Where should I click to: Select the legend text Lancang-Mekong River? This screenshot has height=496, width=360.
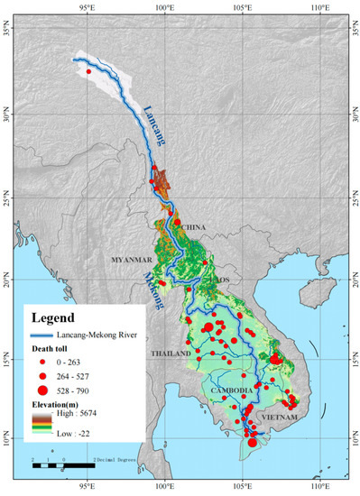click(100, 335)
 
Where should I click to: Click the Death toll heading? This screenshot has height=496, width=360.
click(57, 348)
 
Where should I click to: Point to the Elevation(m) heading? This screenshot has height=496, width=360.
click(62, 403)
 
